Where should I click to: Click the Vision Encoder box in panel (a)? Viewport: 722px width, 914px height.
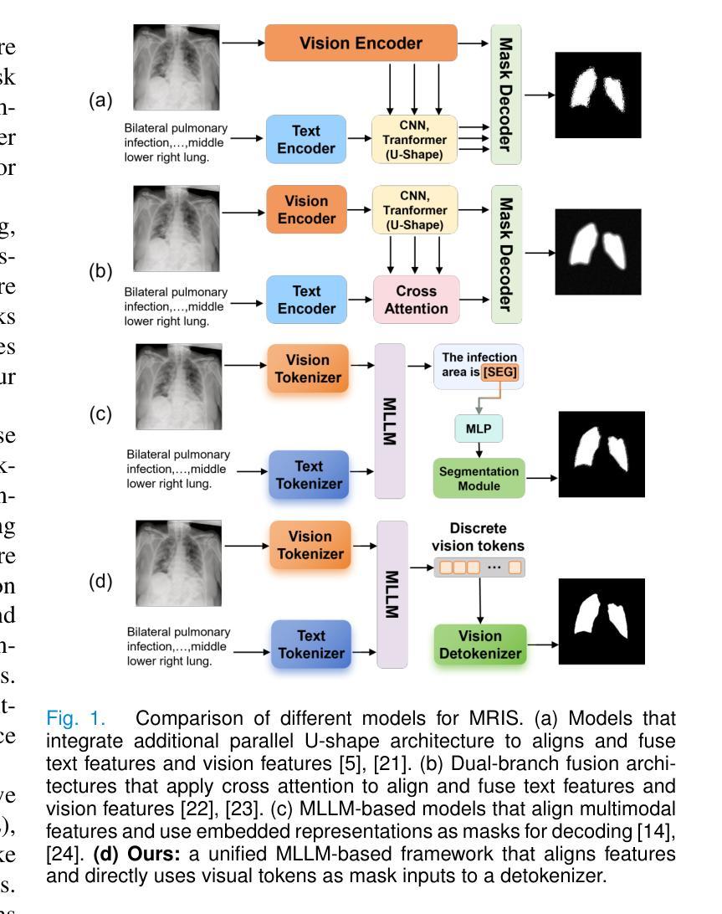click(361, 42)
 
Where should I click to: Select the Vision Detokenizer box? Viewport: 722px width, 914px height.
click(479, 644)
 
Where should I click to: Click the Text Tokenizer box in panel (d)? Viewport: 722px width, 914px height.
click(310, 645)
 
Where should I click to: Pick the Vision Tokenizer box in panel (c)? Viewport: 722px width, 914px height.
click(307, 368)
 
